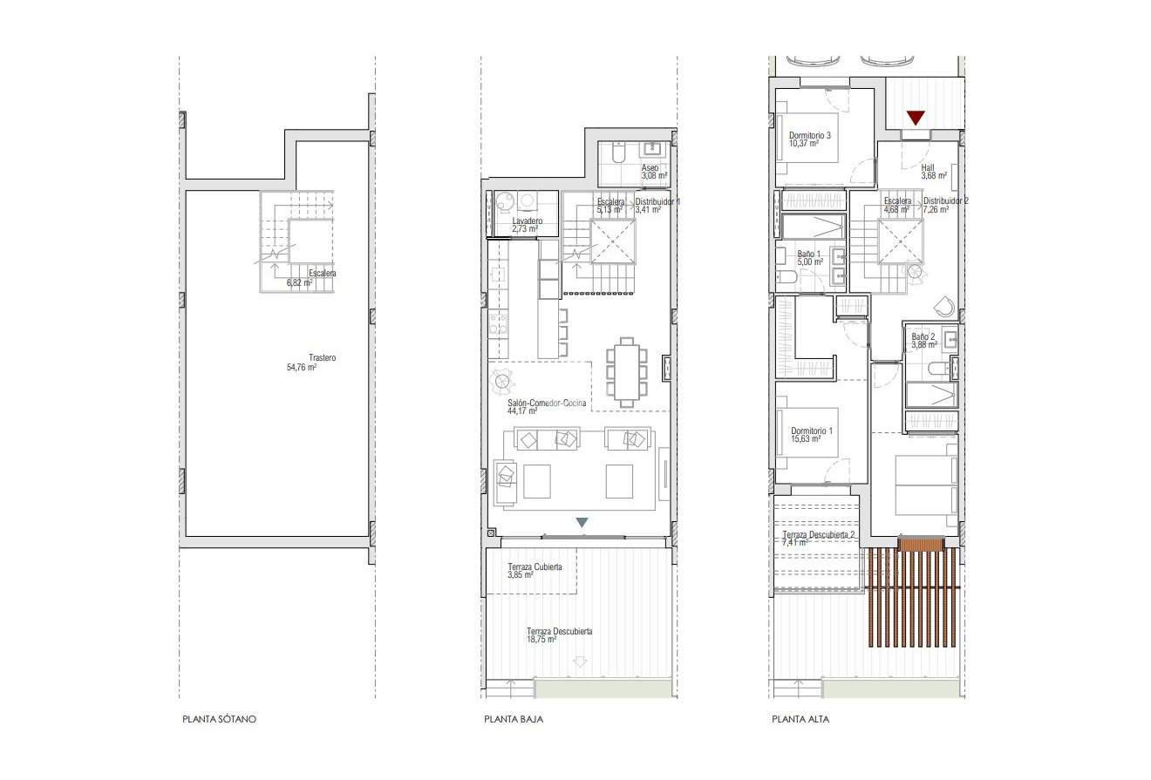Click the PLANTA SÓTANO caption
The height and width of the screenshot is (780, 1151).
(x=220, y=721)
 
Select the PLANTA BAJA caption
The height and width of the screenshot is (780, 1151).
(x=514, y=721)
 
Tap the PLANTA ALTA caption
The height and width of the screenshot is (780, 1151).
(x=800, y=721)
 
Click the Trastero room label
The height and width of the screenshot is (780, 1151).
(x=322, y=357)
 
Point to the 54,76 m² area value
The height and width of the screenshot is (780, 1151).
(x=301, y=368)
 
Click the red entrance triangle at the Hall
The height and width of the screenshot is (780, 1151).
(x=915, y=118)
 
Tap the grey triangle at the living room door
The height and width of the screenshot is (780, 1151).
(x=582, y=522)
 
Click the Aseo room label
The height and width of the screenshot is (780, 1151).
(x=650, y=166)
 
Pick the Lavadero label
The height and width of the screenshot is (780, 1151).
(x=527, y=221)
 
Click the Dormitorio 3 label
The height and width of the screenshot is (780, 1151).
(x=810, y=136)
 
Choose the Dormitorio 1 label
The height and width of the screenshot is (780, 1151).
(x=811, y=431)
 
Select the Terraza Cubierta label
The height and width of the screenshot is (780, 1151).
(x=535, y=566)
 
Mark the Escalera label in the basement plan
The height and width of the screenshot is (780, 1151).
(x=322, y=273)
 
